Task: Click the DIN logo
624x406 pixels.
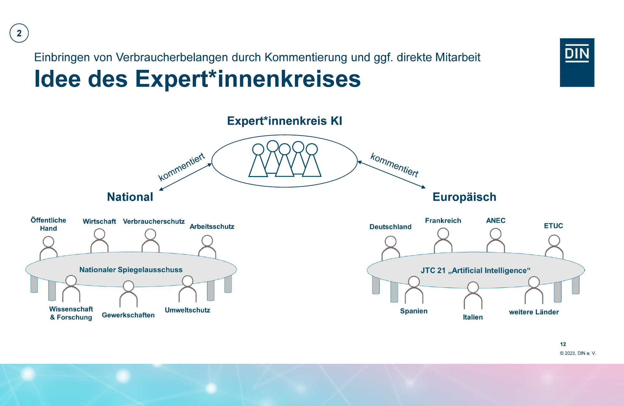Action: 577,62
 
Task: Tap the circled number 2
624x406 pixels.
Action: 19,33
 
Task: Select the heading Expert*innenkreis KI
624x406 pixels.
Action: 284,121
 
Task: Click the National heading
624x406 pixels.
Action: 130,197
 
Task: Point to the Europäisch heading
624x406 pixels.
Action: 464,197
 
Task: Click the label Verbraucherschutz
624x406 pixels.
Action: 154,222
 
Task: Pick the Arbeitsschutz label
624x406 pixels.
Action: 212,226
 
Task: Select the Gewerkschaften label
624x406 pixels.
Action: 128,315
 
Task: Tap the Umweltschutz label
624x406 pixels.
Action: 188,310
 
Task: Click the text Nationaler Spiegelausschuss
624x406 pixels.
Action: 131,270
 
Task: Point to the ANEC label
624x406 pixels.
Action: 496,221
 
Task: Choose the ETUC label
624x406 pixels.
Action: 553,226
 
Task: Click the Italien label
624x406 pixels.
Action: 473,317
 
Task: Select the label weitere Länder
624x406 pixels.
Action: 534,312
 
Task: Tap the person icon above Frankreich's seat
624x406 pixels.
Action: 443,240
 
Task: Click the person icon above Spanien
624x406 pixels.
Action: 414,290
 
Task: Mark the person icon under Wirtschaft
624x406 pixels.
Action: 99,241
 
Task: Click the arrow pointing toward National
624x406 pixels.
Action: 185,177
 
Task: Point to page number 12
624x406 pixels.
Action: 563,344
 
